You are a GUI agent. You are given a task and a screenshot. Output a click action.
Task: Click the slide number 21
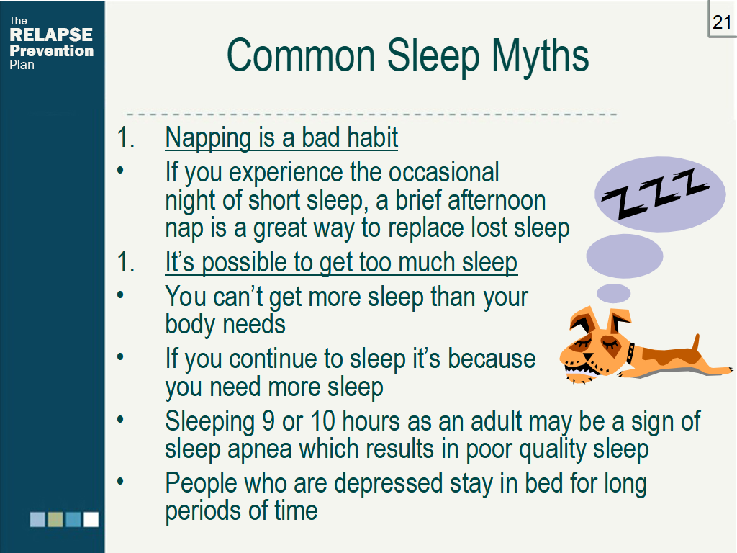click(721, 22)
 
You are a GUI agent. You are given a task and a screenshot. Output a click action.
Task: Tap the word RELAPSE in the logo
click(51, 35)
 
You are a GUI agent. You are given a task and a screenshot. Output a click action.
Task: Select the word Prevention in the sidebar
click(52, 51)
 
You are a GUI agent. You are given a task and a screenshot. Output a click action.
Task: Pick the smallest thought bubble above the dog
click(614, 293)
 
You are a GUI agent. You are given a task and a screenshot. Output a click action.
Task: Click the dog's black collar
click(630, 352)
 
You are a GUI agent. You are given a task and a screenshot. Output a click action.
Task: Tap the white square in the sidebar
click(91, 519)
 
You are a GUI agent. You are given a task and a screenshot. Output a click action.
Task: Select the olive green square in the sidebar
click(55, 519)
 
